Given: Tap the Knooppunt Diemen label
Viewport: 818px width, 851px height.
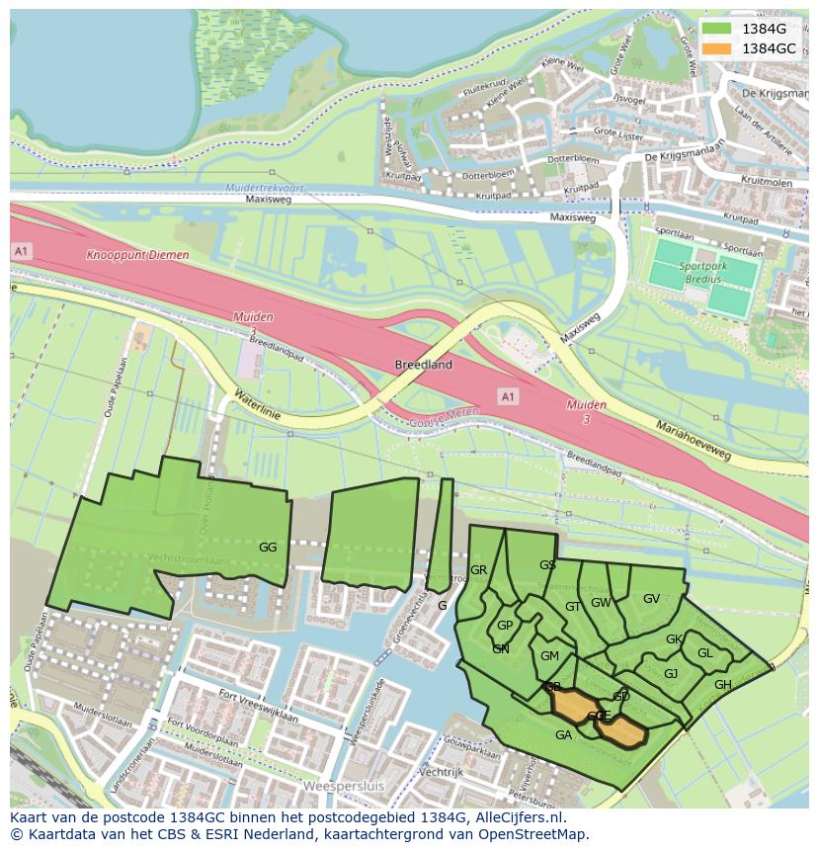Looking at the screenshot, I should (x=137, y=255).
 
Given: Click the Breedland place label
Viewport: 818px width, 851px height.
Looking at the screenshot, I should (x=424, y=365).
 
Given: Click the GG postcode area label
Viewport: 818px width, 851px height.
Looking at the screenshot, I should (x=268, y=547).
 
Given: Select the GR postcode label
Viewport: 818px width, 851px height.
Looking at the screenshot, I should (x=479, y=570).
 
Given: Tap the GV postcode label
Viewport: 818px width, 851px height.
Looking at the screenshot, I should (x=651, y=599).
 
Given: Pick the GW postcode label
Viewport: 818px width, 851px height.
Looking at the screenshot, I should (x=601, y=603).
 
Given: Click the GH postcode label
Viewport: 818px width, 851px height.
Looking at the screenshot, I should (x=723, y=685).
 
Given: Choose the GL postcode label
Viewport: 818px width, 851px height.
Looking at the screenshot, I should (x=704, y=653).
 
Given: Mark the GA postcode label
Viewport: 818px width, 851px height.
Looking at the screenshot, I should (x=563, y=735).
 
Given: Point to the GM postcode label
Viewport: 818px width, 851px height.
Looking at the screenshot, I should (x=550, y=656).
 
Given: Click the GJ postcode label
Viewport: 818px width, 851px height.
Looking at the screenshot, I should (x=671, y=674).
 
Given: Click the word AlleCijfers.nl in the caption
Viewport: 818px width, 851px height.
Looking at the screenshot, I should (x=518, y=817).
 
